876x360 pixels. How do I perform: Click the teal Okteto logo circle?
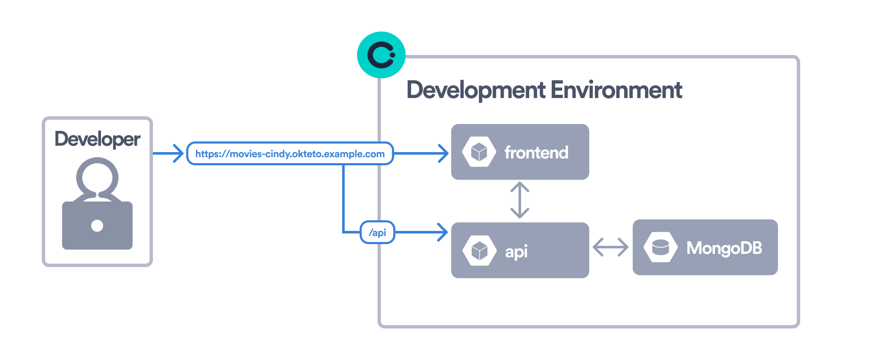click(x=381, y=55)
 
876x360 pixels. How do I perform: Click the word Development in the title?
click(x=475, y=90)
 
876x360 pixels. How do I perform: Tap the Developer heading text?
click(x=97, y=139)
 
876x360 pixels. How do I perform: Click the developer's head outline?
click(x=97, y=176)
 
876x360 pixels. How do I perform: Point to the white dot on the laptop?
click(x=97, y=225)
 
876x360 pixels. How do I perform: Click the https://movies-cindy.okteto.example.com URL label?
click(x=290, y=154)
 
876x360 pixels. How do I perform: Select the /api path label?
click(x=377, y=233)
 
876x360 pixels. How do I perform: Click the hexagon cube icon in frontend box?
click(x=479, y=152)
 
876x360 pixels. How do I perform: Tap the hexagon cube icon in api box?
click(x=479, y=251)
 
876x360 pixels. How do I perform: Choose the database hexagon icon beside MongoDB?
click(x=660, y=247)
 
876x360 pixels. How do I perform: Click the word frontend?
click(x=536, y=153)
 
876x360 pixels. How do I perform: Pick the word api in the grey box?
click(x=516, y=251)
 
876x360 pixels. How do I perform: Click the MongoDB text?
click(x=724, y=248)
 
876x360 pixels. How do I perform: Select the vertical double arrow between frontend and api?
click(x=520, y=200)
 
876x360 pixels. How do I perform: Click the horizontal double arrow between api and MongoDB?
click(x=610, y=247)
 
